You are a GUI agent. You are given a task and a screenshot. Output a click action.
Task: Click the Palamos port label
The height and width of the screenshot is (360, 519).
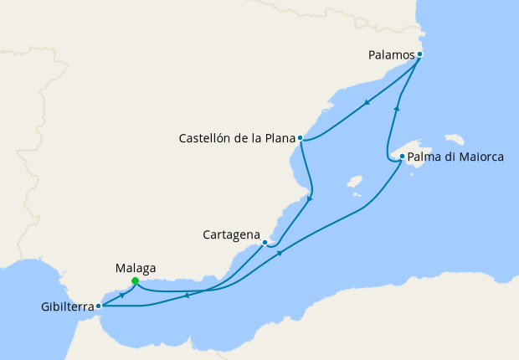point(391,54)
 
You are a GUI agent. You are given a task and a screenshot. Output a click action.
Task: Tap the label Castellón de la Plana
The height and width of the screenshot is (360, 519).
point(237,138)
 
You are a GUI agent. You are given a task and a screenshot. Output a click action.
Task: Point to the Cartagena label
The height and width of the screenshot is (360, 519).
point(230,235)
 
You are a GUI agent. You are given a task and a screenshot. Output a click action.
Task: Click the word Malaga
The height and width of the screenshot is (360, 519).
point(135,268)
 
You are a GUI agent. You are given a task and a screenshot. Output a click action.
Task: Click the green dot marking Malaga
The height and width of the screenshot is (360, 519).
point(135,281)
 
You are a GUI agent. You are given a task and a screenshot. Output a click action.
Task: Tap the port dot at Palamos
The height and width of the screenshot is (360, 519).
point(419,54)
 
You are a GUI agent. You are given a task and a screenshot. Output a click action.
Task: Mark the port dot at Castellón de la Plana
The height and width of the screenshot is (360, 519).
point(300,138)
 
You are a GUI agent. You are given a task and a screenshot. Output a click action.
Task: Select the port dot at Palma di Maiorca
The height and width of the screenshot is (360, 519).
point(403,157)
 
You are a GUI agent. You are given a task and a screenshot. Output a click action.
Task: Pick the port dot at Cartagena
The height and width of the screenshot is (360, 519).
point(265,243)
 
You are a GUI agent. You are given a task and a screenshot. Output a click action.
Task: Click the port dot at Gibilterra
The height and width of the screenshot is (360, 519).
point(98,306)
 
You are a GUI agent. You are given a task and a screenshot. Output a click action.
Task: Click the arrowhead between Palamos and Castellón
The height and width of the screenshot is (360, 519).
point(367,104)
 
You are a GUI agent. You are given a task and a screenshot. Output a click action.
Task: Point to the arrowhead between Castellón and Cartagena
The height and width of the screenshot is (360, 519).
point(311,198)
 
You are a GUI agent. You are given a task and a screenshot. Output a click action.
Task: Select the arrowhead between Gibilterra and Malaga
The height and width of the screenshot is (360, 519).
point(122,295)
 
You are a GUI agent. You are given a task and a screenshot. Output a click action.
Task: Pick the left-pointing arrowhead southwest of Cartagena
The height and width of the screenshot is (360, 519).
point(185,295)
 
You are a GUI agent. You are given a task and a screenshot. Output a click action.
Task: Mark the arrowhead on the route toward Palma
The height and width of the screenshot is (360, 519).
point(280,253)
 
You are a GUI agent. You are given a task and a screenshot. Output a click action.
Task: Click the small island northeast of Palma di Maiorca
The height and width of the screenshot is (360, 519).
point(455,138)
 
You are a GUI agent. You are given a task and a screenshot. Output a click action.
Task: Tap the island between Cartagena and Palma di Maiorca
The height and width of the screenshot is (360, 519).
point(354,181)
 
